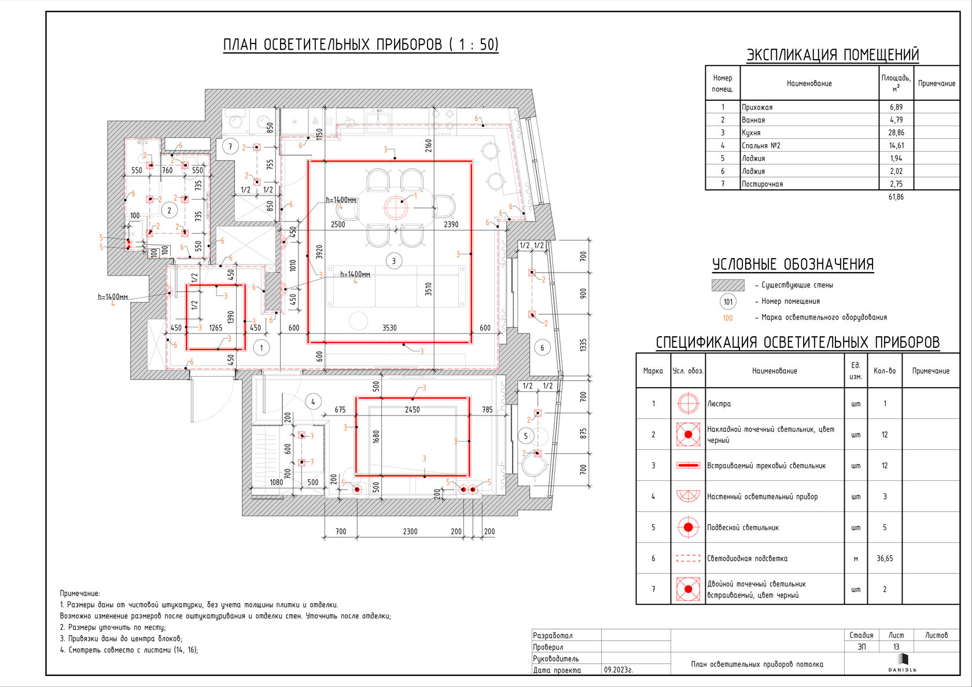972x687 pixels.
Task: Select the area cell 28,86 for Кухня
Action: click(896, 133)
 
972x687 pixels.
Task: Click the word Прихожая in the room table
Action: click(757, 107)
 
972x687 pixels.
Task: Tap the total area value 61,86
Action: click(896, 197)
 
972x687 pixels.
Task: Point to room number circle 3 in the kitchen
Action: click(394, 261)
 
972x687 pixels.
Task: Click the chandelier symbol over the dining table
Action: click(397, 207)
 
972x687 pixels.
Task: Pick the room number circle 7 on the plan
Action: click(230, 146)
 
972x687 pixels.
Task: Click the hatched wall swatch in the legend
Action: click(728, 285)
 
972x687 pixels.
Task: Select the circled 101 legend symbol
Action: click(728, 301)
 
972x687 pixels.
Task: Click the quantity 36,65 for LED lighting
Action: click(884, 559)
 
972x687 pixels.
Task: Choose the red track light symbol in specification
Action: click(688, 465)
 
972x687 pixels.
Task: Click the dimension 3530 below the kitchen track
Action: click(389, 328)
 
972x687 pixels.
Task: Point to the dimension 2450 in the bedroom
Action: click(412, 409)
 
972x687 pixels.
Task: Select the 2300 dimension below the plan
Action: click(410, 531)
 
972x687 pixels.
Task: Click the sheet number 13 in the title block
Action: click(896, 647)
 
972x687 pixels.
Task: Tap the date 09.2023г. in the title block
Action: click(618, 670)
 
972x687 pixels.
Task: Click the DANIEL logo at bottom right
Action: click(903, 663)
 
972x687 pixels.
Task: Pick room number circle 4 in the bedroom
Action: click(313, 402)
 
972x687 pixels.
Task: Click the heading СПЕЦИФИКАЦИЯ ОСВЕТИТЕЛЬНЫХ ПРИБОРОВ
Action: click(797, 343)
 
